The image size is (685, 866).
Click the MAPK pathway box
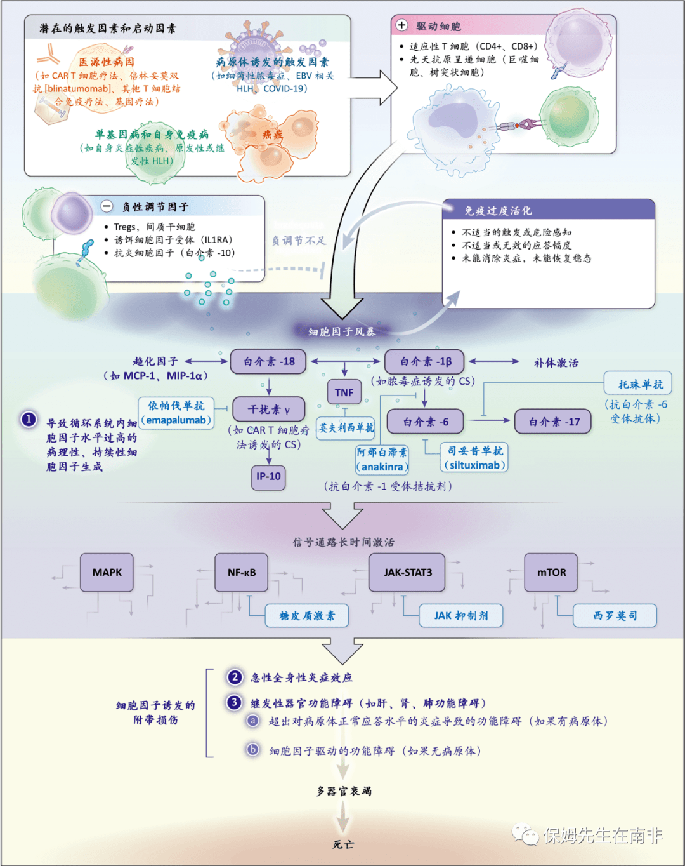point(107,572)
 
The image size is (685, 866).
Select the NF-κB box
point(242,572)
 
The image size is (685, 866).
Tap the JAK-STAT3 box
point(407,572)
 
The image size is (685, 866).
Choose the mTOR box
point(551,572)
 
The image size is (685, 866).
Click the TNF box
point(344,392)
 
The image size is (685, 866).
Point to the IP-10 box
point(268,476)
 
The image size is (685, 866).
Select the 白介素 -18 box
point(269,361)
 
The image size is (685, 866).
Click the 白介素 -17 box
point(553,422)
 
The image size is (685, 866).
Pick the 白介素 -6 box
point(426,422)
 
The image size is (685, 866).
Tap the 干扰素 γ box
point(269,410)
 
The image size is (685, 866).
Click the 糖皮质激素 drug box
point(307,615)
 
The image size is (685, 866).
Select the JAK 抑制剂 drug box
point(461,615)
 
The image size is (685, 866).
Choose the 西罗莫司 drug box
point(615,615)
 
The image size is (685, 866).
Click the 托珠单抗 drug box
point(640,384)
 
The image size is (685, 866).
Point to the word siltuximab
point(474,465)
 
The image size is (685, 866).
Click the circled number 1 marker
point(29,419)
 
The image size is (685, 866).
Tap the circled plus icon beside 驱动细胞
point(401,25)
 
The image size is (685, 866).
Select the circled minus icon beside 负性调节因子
point(107,206)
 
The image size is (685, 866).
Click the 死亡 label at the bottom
point(343,844)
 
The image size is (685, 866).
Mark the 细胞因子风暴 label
point(342,331)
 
